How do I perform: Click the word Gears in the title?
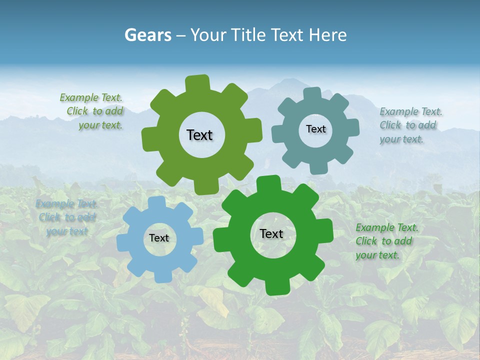(147, 35)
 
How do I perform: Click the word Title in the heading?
(249, 35)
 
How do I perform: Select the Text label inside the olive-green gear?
(199, 135)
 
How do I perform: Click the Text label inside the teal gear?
(315, 129)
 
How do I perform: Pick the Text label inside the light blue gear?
(159, 238)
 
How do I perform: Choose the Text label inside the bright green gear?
(271, 234)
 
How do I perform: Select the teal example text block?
(410, 125)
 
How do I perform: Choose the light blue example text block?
(66, 217)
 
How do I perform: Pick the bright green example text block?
(386, 241)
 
